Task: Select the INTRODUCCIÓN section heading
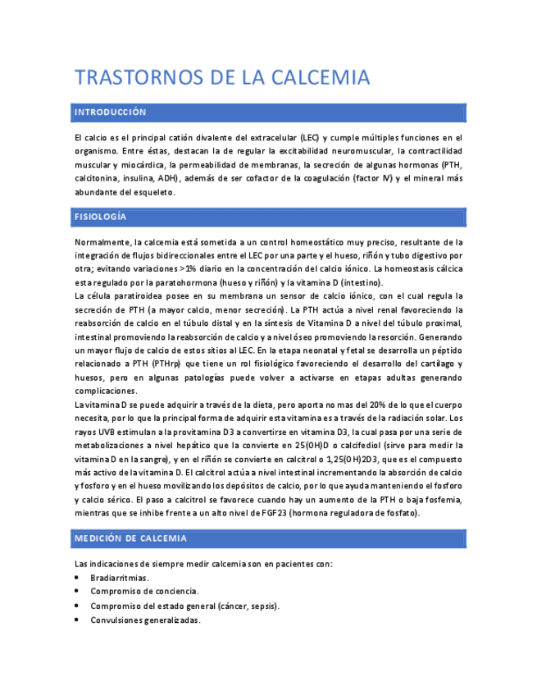tap(110, 112)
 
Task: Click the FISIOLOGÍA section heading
tap(100, 217)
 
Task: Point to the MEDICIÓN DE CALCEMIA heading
tap(130, 538)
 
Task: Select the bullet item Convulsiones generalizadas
tap(145, 620)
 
